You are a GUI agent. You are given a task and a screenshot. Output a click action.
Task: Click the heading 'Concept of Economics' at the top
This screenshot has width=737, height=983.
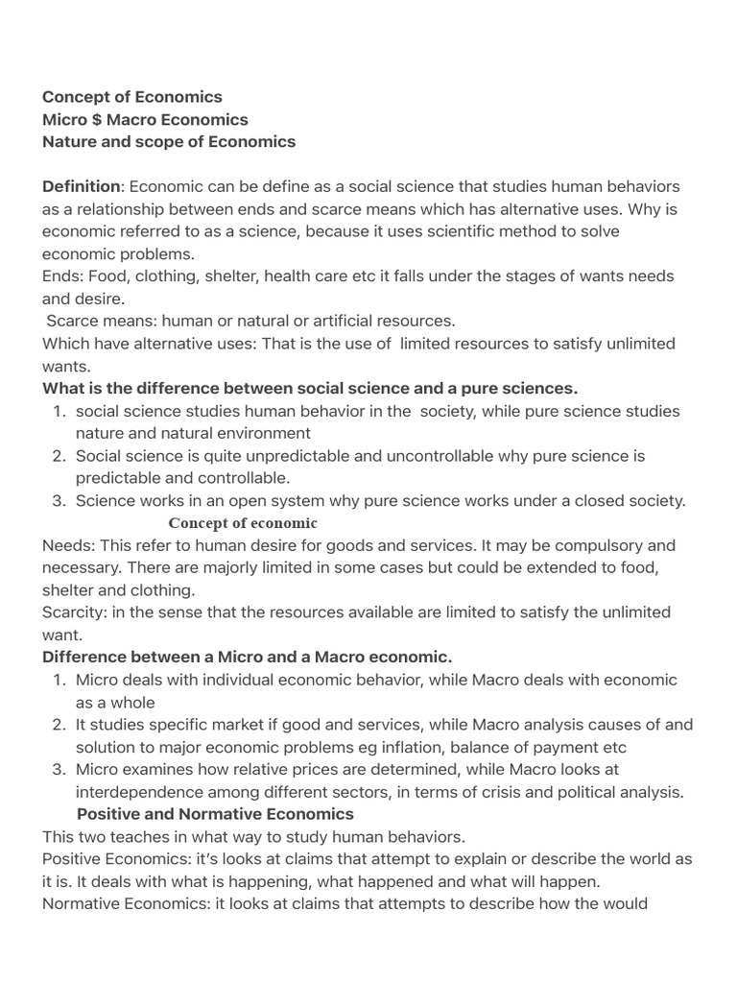pos(131,97)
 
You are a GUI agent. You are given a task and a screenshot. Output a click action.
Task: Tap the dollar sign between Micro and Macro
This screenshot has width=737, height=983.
pos(93,120)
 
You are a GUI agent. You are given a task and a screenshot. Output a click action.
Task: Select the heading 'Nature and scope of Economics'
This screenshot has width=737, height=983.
pos(169,142)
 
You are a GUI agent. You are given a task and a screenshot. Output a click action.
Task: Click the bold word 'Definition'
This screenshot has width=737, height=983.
pos(82,186)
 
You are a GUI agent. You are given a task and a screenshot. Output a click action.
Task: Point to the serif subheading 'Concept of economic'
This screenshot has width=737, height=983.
pos(243,523)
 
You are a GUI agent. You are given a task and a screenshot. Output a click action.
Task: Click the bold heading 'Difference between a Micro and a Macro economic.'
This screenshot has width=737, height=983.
pos(247,657)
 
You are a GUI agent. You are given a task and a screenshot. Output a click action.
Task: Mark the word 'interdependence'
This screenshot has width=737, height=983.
pos(138,792)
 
